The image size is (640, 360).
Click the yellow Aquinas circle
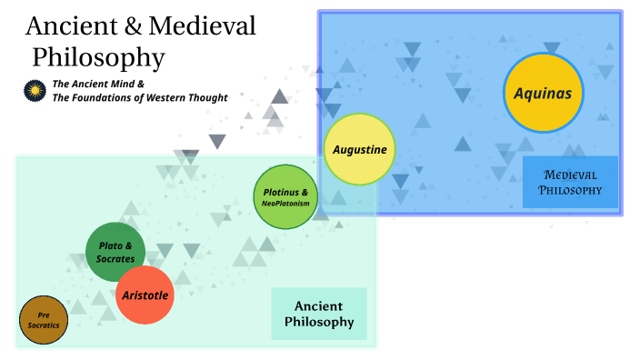[x=542, y=92]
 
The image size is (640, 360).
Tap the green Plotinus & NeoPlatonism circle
[x=285, y=197]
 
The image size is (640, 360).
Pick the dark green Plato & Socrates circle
[x=115, y=252]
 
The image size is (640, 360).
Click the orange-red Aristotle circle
[x=145, y=295]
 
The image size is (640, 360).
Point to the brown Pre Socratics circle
[x=44, y=320]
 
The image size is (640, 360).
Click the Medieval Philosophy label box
[x=570, y=182]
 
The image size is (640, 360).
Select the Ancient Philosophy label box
[x=319, y=314]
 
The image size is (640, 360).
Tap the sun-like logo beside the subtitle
[x=35, y=90]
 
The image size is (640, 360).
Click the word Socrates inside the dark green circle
[x=115, y=259]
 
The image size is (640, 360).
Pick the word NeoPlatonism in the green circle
[x=285, y=204]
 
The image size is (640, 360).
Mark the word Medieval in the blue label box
[x=570, y=175]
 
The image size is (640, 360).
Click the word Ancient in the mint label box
[x=319, y=306]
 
